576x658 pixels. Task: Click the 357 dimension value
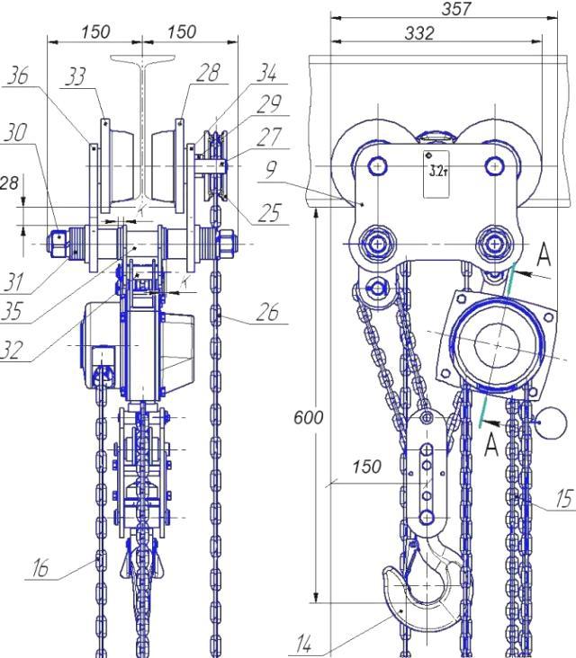[x=456, y=8]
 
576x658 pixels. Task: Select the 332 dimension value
[x=419, y=32]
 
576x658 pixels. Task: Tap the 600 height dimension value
[x=309, y=418]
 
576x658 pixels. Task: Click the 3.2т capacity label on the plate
[x=438, y=171]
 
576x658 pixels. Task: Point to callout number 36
[x=18, y=76]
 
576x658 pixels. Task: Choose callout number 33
[x=76, y=76]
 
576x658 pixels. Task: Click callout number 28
[x=208, y=73]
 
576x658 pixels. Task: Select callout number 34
[x=267, y=72]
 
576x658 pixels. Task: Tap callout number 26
[x=267, y=312]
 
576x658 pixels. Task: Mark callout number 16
[x=40, y=568]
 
